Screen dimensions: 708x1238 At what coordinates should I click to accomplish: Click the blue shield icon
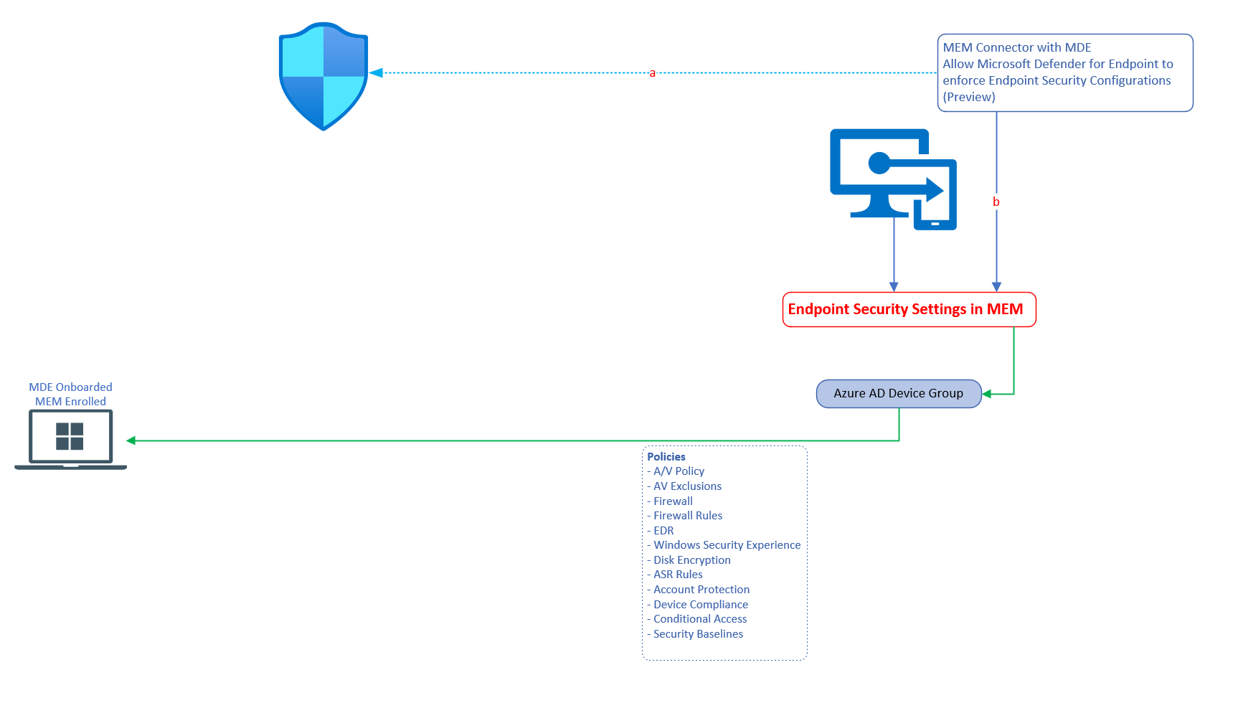tap(323, 76)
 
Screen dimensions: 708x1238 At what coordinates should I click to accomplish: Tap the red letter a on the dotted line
tap(652, 73)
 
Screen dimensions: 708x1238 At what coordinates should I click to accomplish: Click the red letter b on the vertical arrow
tap(996, 202)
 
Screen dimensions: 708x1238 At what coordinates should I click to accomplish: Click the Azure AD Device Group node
tap(898, 393)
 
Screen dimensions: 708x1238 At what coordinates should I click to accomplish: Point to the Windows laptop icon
tap(70, 438)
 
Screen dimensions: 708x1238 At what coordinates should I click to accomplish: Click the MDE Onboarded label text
tap(70, 387)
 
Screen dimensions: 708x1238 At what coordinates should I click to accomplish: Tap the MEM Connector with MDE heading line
tap(1016, 47)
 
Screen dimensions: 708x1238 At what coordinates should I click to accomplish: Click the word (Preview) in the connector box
tap(968, 97)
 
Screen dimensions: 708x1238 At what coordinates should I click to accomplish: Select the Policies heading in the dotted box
tap(666, 456)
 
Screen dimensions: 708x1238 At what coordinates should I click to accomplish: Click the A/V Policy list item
tap(679, 471)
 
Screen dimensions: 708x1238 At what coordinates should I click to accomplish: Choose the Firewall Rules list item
tap(687, 516)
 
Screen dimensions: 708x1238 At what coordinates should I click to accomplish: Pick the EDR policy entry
tap(663, 531)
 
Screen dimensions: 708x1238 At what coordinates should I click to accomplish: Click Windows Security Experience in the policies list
tap(727, 545)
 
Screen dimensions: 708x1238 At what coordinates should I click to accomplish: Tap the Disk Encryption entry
tap(691, 560)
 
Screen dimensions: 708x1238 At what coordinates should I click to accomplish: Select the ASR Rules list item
tap(678, 575)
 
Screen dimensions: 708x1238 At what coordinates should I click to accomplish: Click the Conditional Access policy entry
tap(699, 619)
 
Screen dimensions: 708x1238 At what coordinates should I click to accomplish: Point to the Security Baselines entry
tap(698, 634)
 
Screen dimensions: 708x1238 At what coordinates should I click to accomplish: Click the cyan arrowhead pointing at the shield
tap(376, 73)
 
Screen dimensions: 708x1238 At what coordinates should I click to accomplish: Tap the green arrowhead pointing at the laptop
tap(131, 440)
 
